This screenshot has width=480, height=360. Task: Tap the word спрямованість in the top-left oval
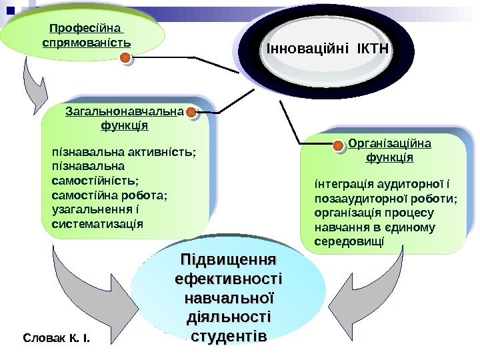(86, 43)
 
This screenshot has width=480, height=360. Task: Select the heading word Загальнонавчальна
(124, 111)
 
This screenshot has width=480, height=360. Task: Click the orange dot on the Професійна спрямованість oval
(125, 59)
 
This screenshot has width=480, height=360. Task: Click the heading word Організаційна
(390, 143)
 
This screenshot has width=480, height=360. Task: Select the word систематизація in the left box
(97, 223)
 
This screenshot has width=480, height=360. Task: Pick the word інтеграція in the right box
(340, 183)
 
